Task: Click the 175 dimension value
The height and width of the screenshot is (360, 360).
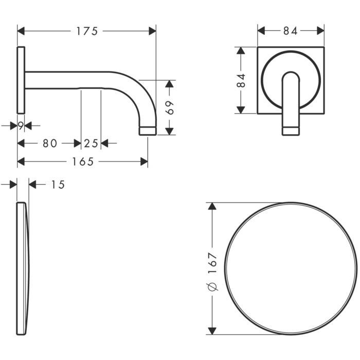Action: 87,31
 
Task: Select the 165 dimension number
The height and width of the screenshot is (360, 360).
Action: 83,161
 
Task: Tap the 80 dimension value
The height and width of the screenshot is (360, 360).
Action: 50,143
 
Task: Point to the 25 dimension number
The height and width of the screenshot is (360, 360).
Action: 91,143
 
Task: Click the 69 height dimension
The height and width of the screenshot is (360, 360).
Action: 170,107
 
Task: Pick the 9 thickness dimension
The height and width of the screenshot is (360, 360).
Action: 21,125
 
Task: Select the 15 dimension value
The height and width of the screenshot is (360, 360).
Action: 58,185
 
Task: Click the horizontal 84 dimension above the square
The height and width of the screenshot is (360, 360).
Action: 291,31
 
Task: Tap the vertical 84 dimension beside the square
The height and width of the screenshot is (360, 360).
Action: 241,80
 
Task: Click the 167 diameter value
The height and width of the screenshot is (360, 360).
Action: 212,263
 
